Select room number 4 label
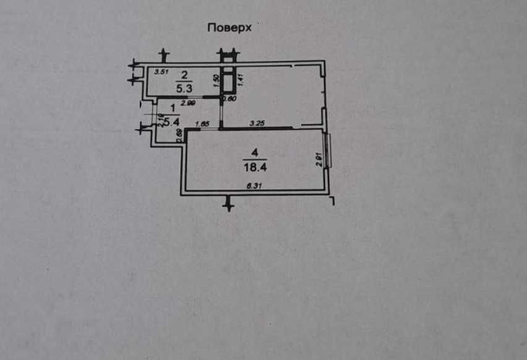(x=253, y=152)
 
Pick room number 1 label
(x=164, y=109)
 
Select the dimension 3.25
(x=257, y=124)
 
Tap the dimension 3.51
(x=161, y=72)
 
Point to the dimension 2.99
(x=188, y=103)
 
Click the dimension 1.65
(x=202, y=124)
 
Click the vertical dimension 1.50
(x=216, y=80)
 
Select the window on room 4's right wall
(x=329, y=151)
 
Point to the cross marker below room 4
(x=229, y=202)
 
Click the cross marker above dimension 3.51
(x=163, y=56)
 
